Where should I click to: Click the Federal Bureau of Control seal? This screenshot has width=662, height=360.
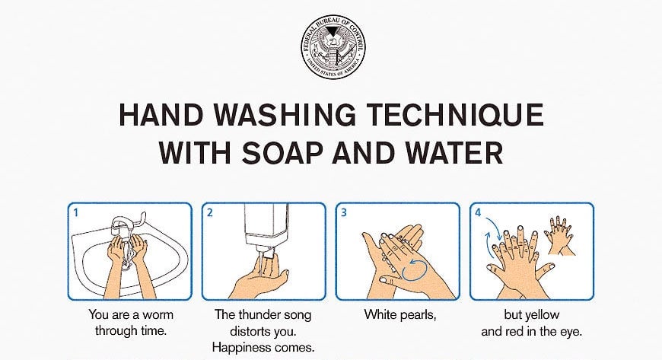click(x=333, y=47)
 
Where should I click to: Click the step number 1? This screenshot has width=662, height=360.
click(x=76, y=212)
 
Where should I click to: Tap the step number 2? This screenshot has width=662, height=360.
click(x=210, y=212)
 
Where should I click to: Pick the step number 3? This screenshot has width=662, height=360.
click(x=344, y=212)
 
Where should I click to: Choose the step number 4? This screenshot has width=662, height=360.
click(x=478, y=212)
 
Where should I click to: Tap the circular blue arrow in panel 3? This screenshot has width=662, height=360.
click(x=415, y=270)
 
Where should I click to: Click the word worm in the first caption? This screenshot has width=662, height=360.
click(x=158, y=315)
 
